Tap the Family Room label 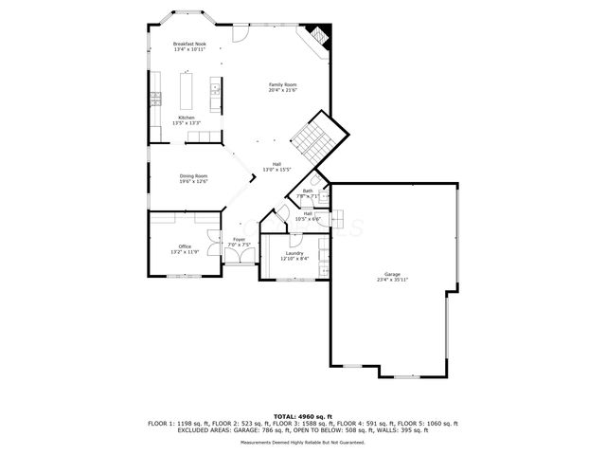tap(283, 85)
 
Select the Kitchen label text tap(187, 118)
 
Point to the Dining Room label tap(194, 175)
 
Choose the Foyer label tap(240, 240)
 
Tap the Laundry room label tap(294, 253)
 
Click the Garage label tap(392, 274)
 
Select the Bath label tap(308, 191)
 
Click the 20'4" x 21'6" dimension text tap(283, 91)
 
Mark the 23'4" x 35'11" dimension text tap(392, 280)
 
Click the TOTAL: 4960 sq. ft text tap(303, 416)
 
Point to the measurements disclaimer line tap(303, 442)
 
